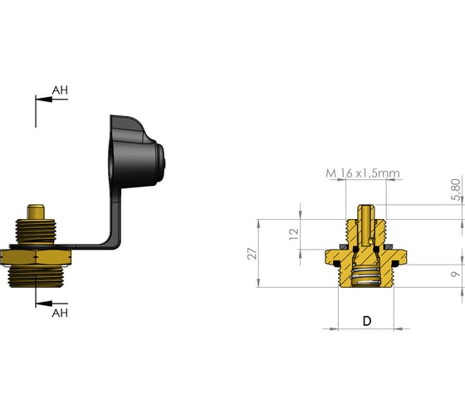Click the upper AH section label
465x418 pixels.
pyautogui.click(x=60, y=90)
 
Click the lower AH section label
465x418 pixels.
pyautogui.click(x=60, y=313)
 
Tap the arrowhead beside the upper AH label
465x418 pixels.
pyautogui.click(x=44, y=100)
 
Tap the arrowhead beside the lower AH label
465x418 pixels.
pyautogui.click(x=44, y=304)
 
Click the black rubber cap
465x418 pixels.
pyautogui.click(x=136, y=152)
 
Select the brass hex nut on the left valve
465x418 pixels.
pyautogui.click(x=36, y=257)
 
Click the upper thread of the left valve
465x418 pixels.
pyautogui.click(x=35, y=231)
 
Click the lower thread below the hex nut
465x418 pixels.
pyautogui.click(x=35, y=276)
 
